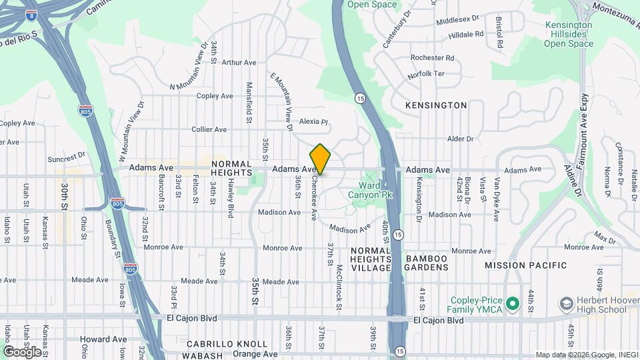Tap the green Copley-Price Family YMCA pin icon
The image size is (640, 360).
pos(512,304)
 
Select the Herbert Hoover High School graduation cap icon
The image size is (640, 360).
pos(566,304)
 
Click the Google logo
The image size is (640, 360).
pos(22,351)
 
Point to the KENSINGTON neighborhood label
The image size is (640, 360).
pos(436,105)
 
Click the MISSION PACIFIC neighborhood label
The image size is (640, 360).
pos(525,265)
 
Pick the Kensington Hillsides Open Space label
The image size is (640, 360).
pos(569,35)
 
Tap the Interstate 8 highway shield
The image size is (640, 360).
pos(31,13)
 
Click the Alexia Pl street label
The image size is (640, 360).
pos(314,121)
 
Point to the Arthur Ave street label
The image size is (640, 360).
pos(239,63)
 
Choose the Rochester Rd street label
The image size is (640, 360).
pos(432,58)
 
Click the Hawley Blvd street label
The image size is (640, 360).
pos(231,202)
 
